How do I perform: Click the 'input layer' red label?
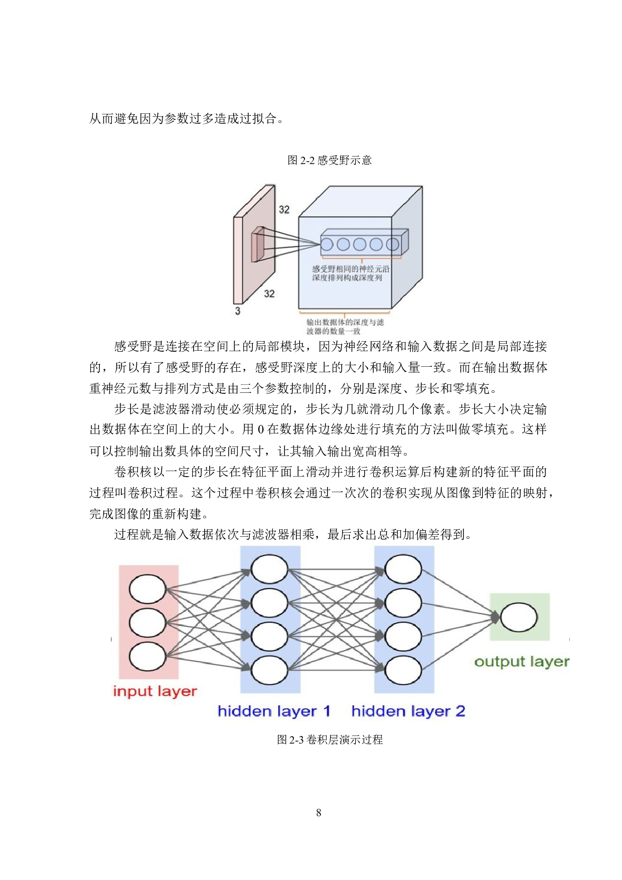[x=155, y=691]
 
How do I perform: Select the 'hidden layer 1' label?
[x=274, y=711]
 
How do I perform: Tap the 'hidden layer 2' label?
[x=408, y=711]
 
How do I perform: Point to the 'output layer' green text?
[x=522, y=662]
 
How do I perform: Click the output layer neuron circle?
[x=519, y=617]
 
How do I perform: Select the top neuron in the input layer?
[x=147, y=589]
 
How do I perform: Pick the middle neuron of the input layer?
[x=147, y=623]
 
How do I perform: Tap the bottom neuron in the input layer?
[x=147, y=656]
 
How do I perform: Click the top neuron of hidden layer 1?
[x=269, y=569]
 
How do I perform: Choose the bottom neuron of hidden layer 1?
[x=269, y=670]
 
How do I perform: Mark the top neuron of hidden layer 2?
[x=403, y=569]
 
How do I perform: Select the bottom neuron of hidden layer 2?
[x=403, y=670]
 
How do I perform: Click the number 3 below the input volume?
[x=238, y=311]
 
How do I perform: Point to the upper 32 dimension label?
[x=284, y=210]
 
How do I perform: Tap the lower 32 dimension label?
[x=269, y=294]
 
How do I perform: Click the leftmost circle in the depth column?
[x=327, y=244]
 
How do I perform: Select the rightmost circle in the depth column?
[x=392, y=244]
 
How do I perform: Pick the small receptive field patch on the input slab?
[x=258, y=244]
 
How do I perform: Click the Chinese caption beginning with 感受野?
[x=351, y=273]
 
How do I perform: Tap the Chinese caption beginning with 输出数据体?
[x=345, y=327]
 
